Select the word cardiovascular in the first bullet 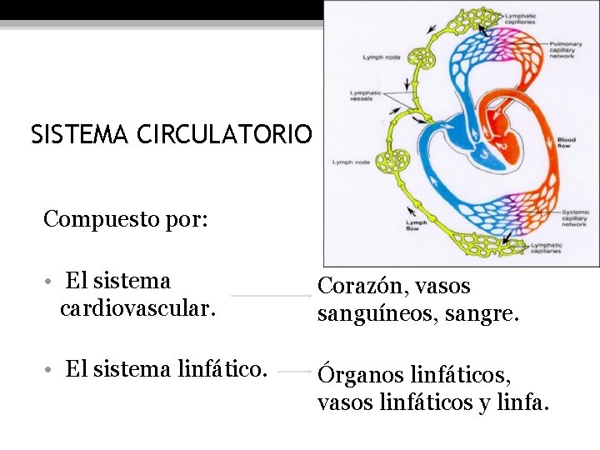pyautogui.click(x=138, y=310)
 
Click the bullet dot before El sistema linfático pyautogui.click(x=51, y=369)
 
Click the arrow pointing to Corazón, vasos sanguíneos pyautogui.click(x=271, y=296)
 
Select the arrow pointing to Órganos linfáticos pyautogui.click(x=292, y=370)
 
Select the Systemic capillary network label pyautogui.click(x=573, y=218)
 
